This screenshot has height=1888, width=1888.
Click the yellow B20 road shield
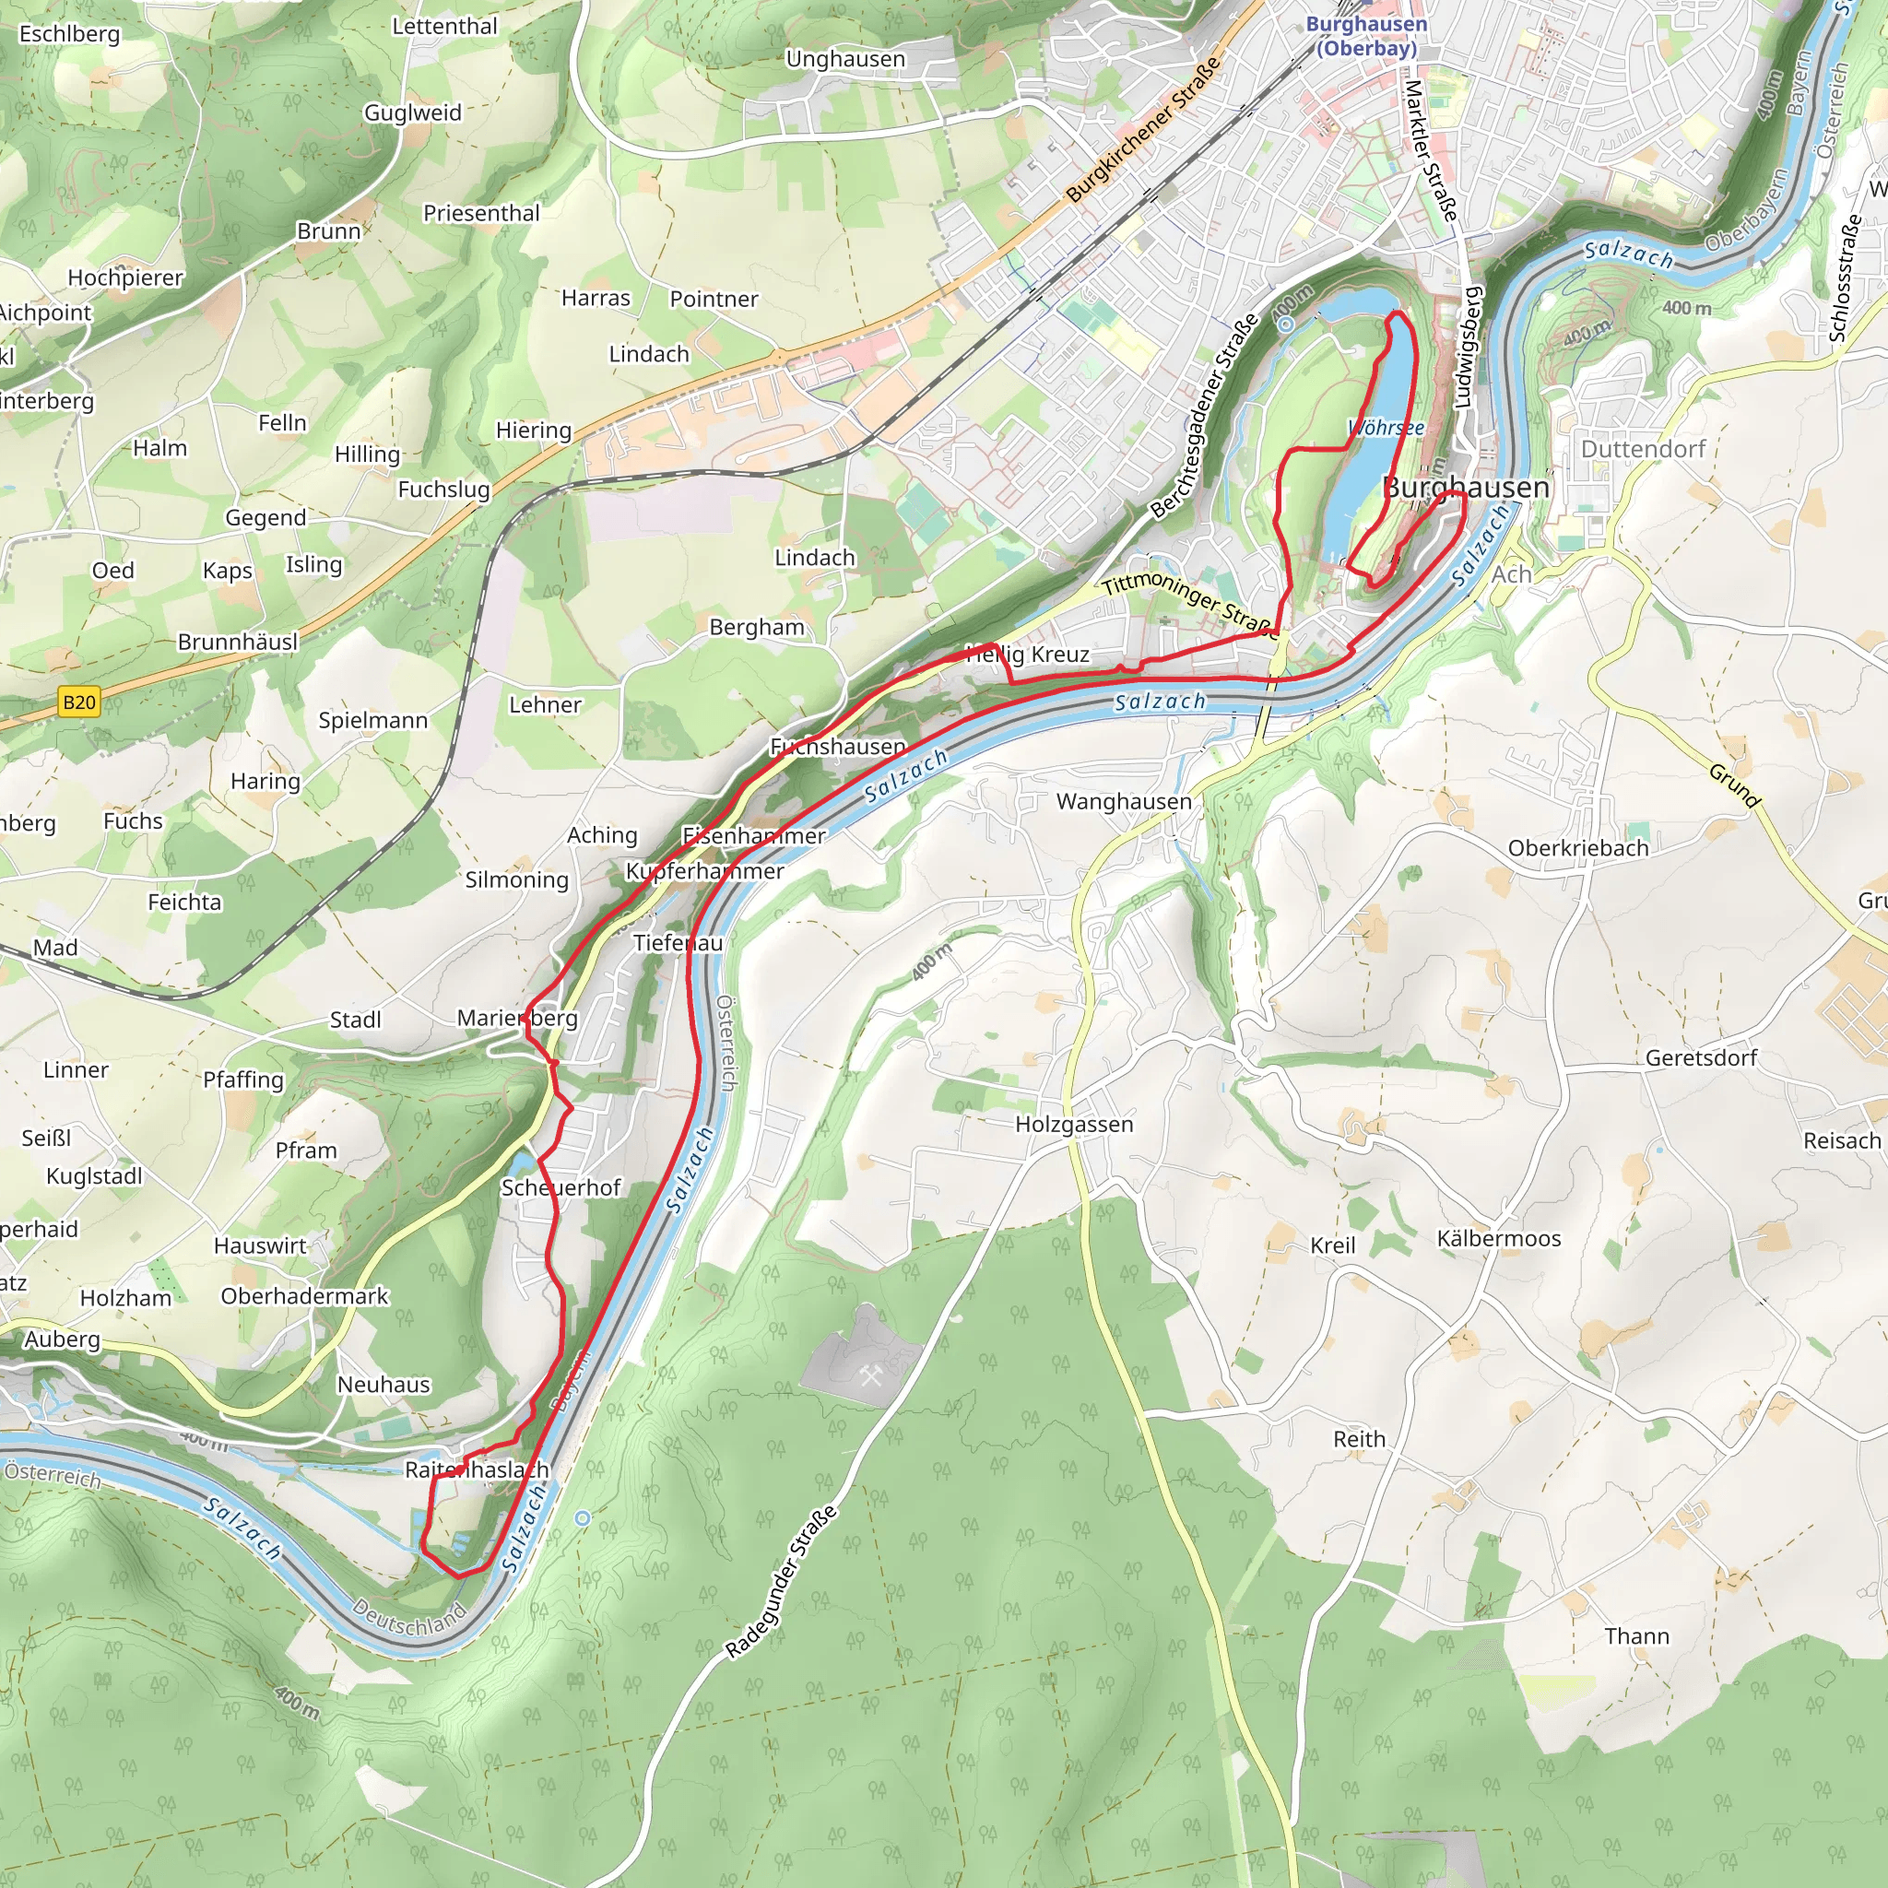(x=79, y=702)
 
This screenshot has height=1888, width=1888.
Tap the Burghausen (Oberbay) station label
(x=1366, y=35)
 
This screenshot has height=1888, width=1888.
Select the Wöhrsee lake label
(x=1385, y=428)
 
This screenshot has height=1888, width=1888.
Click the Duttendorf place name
(x=1643, y=449)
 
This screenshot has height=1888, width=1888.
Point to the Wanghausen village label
(x=1124, y=801)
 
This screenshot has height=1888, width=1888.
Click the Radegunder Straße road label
(x=781, y=1581)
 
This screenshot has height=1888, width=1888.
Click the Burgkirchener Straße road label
(x=1143, y=129)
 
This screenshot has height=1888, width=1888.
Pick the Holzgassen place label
(x=1074, y=1124)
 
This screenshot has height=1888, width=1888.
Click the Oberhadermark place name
(x=304, y=1296)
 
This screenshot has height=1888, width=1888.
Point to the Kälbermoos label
(x=1498, y=1238)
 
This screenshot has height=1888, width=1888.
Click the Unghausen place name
(x=845, y=59)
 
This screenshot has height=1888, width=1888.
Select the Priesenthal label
(x=481, y=213)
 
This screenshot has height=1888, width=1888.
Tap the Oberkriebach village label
(x=1577, y=848)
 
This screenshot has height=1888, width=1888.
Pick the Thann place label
(x=1637, y=1636)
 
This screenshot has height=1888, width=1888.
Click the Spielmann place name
(x=372, y=720)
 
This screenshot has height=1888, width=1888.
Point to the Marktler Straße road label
(x=1431, y=150)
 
